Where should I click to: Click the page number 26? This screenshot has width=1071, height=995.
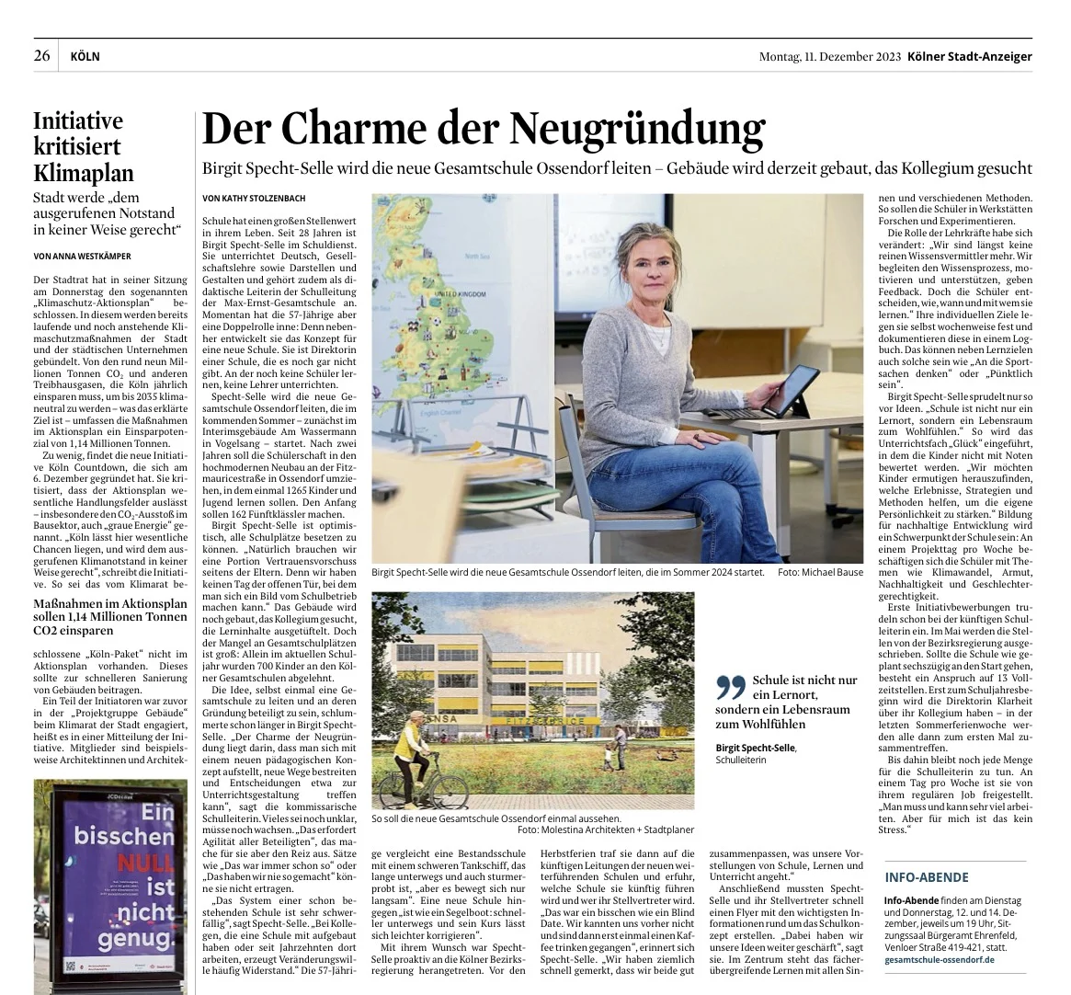[42, 56]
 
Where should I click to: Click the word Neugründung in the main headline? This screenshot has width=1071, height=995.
[637, 130]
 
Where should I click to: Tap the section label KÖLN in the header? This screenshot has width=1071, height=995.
[85, 57]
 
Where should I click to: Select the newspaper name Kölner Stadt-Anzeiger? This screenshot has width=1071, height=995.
[969, 57]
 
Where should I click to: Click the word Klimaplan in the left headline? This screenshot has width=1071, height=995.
[84, 174]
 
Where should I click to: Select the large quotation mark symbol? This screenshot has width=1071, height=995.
[729, 687]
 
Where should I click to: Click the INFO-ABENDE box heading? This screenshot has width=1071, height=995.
[927, 877]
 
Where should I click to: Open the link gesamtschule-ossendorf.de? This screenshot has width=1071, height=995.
[939, 960]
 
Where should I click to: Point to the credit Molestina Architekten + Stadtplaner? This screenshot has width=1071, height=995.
[619, 829]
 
